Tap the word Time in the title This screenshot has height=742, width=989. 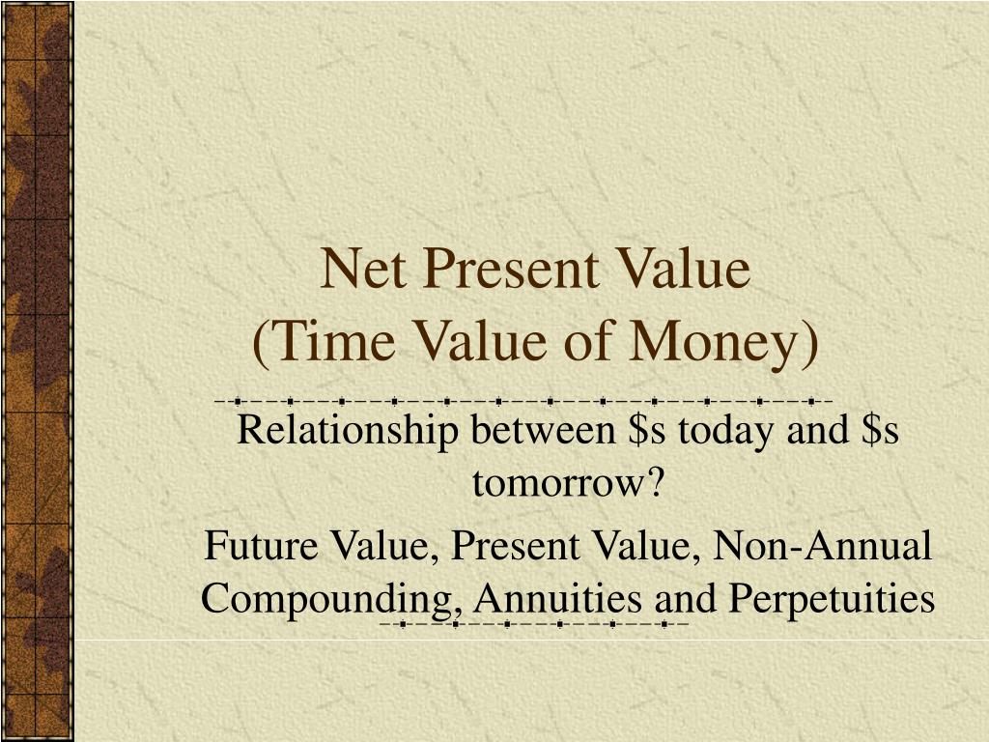(333, 342)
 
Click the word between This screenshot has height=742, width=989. (543, 430)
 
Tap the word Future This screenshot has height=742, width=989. (261, 546)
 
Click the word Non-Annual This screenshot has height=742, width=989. (822, 546)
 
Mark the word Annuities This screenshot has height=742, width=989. (557, 598)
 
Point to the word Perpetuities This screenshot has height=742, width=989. (832, 599)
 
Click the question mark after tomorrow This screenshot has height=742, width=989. (655, 483)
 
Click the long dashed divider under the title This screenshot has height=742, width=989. (523, 400)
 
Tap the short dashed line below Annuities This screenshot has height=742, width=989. (533, 625)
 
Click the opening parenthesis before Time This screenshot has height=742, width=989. (261, 344)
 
